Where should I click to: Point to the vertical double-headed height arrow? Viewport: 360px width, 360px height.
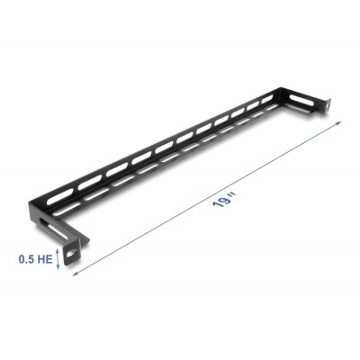pos(59,259)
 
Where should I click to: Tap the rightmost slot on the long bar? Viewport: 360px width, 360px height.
pos(267,102)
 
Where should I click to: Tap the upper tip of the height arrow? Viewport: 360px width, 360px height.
pos(59,251)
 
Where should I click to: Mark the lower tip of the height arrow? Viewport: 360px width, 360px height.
pos(59,268)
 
